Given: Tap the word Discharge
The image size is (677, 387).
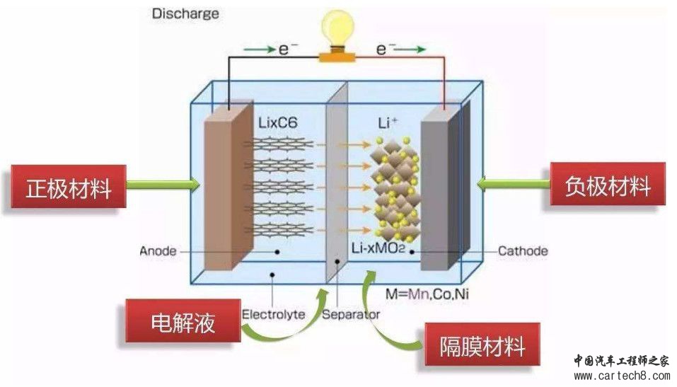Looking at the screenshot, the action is point(185,13).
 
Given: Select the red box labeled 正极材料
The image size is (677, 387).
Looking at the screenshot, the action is point(69,187).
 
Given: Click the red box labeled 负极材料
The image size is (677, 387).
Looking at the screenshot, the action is point(608,185).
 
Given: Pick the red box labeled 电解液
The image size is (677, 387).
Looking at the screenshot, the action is point(183,321).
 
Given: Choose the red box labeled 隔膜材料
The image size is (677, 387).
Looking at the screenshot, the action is point(482,345).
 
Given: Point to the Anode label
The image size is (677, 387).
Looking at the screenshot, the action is point(158,251).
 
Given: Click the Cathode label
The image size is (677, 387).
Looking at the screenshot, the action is point(523,251).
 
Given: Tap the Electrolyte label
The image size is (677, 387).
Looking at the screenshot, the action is point(273,314).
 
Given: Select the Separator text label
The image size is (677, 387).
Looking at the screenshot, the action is point(351,314).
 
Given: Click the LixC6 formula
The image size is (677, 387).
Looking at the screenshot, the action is point(278,122).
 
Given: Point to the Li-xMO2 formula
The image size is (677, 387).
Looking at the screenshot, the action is point(378,248).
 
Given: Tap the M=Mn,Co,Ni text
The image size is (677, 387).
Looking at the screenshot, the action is point(427,294).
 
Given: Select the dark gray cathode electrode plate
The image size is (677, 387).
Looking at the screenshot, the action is point(445,186).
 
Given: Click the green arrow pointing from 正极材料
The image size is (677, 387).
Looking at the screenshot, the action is point(163,185).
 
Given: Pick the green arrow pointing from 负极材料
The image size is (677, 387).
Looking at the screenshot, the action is point(514,184).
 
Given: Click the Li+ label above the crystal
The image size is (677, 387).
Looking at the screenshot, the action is point(387,123).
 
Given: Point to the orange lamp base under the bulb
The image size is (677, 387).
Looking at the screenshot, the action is point(337,55).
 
